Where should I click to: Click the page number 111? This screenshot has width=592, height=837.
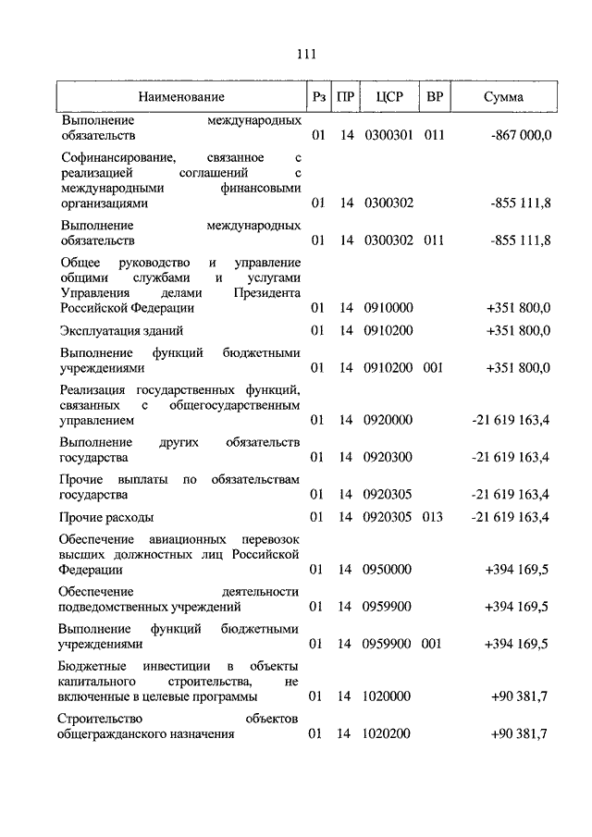pyautogui.click(x=306, y=53)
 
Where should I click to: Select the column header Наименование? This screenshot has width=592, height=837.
pyautogui.click(x=182, y=96)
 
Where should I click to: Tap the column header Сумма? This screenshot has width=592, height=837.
pyautogui.click(x=502, y=96)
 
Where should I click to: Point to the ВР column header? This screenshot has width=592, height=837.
pyautogui.click(x=434, y=96)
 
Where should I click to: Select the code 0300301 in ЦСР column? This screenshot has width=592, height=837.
pyautogui.click(x=388, y=136)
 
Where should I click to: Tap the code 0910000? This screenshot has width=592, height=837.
pyautogui.click(x=388, y=308)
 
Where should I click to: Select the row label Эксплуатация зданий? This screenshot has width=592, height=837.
pyautogui.click(x=121, y=330)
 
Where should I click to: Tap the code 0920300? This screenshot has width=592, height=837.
pyautogui.click(x=388, y=457)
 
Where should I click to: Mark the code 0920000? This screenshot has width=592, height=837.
pyautogui.click(x=388, y=420)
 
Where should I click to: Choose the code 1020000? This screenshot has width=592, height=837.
pyautogui.click(x=388, y=696)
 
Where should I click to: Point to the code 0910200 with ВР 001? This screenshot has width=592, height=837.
pyautogui.click(x=388, y=367)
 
